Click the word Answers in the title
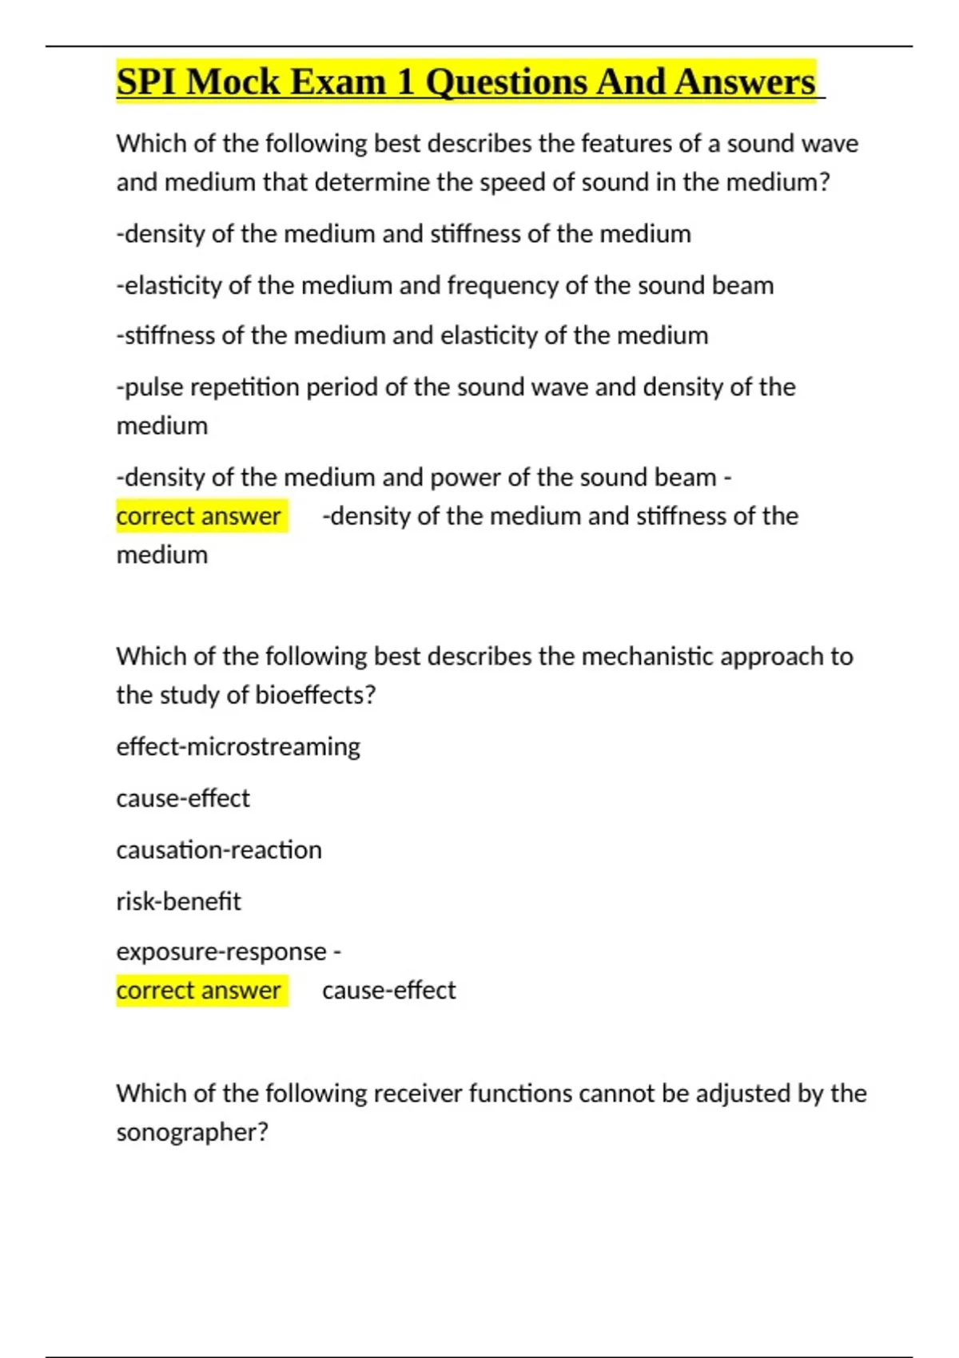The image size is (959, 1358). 744,82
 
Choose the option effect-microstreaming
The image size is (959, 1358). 238,747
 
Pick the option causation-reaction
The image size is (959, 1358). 219,850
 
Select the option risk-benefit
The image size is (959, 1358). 178,902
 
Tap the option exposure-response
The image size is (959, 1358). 221,952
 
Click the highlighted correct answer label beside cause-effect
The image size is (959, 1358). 199,991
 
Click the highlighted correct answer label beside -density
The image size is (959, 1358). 199,516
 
